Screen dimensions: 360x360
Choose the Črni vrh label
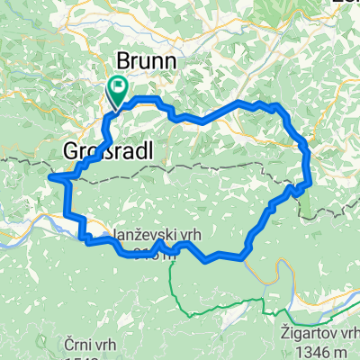[x=90, y=342]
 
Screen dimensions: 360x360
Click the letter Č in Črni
[x=68, y=342]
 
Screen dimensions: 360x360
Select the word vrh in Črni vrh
[x=104, y=342]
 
